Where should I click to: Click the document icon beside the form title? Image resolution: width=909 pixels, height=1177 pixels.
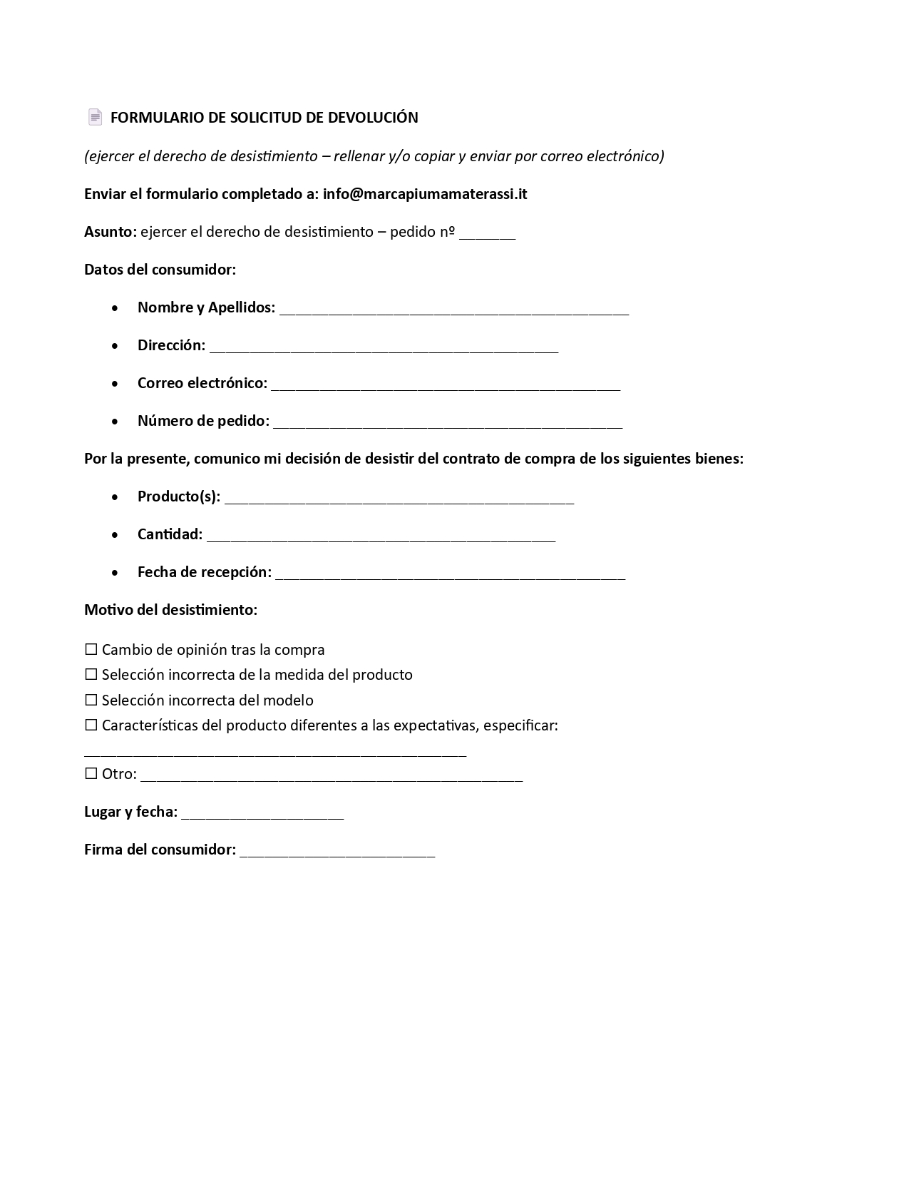pyautogui.click(x=95, y=117)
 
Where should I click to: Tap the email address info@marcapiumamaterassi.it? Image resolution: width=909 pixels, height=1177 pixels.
pyautogui.click(x=425, y=194)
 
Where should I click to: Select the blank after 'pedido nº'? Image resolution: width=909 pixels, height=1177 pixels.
pyautogui.click(x=487, y=235)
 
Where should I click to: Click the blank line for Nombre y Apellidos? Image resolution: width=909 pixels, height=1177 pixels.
pyautogui.click(x=454, y=310)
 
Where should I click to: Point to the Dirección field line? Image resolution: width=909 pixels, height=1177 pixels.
pyautogui.click(x=384, y=348)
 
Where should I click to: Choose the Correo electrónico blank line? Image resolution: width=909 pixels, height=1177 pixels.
pyautogui.click(x=446, y=386)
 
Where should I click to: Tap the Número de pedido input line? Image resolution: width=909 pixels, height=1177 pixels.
pyautogui.click(x=448, y=424)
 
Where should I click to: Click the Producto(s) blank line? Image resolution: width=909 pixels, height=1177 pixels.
pyautogui.click(x=399, y=499)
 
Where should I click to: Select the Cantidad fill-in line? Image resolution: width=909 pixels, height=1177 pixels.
pyautogui.click(x=381, y=537)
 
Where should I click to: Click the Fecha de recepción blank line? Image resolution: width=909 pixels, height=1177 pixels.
pyautogui.click(x=450, y=575)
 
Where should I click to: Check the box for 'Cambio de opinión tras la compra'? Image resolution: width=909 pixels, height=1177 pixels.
pyautogui.click(x=91, y=650)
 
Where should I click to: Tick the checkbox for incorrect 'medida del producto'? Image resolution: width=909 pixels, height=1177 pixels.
pyautogui.click(x=91, y=675)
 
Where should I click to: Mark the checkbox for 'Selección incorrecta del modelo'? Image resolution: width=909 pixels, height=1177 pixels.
pyautogui.click(x=91, y=700)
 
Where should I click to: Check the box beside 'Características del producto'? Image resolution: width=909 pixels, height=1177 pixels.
pyautogui.click(x=91, y=725)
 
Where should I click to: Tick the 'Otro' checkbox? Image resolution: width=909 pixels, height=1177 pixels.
pyautogui.click(x=91, y=774)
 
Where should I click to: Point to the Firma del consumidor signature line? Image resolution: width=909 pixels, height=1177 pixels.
pyautogui.click(x=337, y=852)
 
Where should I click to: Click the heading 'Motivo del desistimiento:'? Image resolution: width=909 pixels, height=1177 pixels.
pyautogui.click(x=170, y=610)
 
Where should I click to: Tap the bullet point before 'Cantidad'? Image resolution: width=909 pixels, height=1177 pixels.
pyautogui.click(x=115, y=534)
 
